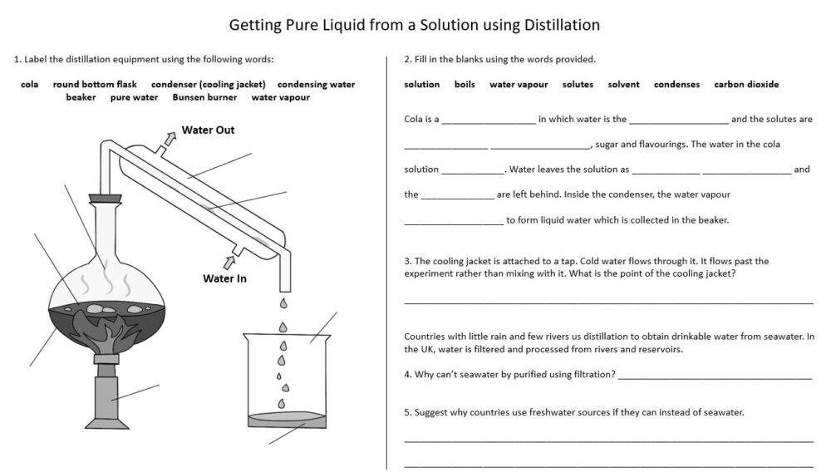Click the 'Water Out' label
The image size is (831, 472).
coord(208,130)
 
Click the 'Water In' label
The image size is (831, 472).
coord(224,278)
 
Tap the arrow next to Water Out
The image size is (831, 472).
coord(169,138)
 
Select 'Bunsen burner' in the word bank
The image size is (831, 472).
coord(204,97)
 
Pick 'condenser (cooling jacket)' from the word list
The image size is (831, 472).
coord(209,84)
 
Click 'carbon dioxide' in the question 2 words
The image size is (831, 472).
coord(746,84)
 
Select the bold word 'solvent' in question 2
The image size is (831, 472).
coord(623,84)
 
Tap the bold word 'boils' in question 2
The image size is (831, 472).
coord(465,84)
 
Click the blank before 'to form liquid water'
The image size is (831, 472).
coord(454,222)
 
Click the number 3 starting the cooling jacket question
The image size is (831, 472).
coord(406,260)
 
